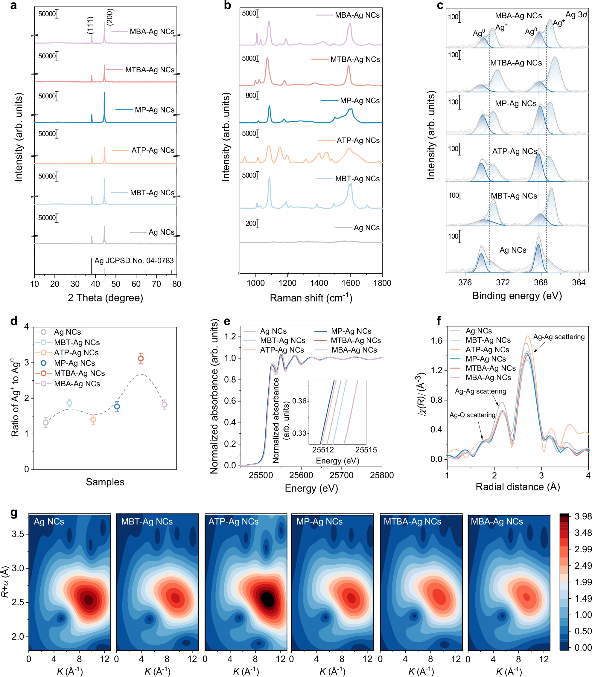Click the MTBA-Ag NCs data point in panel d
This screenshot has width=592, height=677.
click(141, 358)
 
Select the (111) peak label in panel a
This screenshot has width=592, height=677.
click(91, 25)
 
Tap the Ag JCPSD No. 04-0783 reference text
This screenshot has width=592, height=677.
click(134, 260)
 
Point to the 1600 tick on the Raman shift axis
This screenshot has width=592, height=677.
click(351, 283)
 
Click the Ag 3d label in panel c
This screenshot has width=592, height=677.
click(576, 15)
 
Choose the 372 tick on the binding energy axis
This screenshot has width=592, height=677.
click(503, 282)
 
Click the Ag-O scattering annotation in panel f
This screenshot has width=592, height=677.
click(472, 415)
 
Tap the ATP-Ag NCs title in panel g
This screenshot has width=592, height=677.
click(233, 522)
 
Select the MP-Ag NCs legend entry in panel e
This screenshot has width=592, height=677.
click(351, 331)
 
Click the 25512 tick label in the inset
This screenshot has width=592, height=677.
click(323, 450)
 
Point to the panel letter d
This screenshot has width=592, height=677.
click(14, 321)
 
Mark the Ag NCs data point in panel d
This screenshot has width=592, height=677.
click(45, 423)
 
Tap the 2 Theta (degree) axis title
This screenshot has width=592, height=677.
click(105, 298)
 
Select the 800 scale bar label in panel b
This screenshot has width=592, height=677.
click(251, 95)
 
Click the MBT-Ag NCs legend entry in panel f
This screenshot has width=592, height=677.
click(488, 340)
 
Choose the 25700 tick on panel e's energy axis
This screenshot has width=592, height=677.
click(341, 475)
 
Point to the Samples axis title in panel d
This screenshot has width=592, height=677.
click(105, 482)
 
